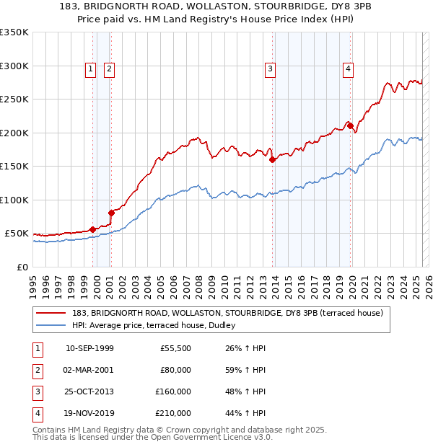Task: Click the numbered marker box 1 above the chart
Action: pos(91,69)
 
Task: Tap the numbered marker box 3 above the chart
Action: pos(270,69)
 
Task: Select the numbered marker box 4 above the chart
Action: pos(348,69)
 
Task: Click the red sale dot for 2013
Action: pos(273,160)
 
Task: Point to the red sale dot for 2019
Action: pos(350,126)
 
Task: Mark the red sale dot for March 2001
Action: pos(111,213)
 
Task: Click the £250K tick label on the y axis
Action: pos(14,99)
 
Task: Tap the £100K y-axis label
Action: pos(14,200)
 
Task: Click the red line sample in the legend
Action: pos(51,312)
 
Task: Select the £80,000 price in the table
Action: pos(175,370)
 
